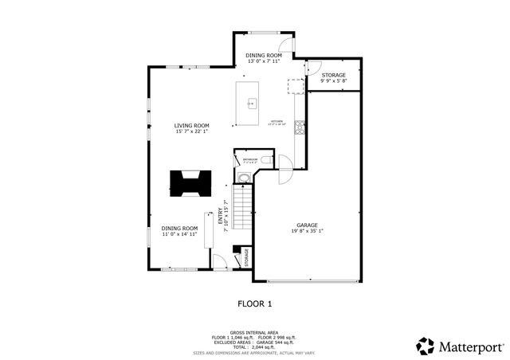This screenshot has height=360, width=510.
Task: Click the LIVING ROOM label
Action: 192,125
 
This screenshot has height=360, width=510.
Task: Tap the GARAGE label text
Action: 308,225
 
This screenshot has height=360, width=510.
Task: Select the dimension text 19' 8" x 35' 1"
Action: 308,232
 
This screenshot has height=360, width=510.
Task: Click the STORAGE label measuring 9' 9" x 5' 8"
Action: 333,75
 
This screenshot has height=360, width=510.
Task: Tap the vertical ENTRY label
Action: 220,217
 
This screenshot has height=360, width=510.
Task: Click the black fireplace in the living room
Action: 190,183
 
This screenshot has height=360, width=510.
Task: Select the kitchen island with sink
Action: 250,103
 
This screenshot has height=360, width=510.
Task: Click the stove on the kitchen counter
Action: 300,126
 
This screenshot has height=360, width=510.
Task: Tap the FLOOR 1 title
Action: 255,303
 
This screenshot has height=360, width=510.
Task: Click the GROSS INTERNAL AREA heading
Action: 254,332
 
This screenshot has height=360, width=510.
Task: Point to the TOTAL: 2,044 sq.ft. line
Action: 254,346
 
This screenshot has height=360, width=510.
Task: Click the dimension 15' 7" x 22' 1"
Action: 192,131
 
